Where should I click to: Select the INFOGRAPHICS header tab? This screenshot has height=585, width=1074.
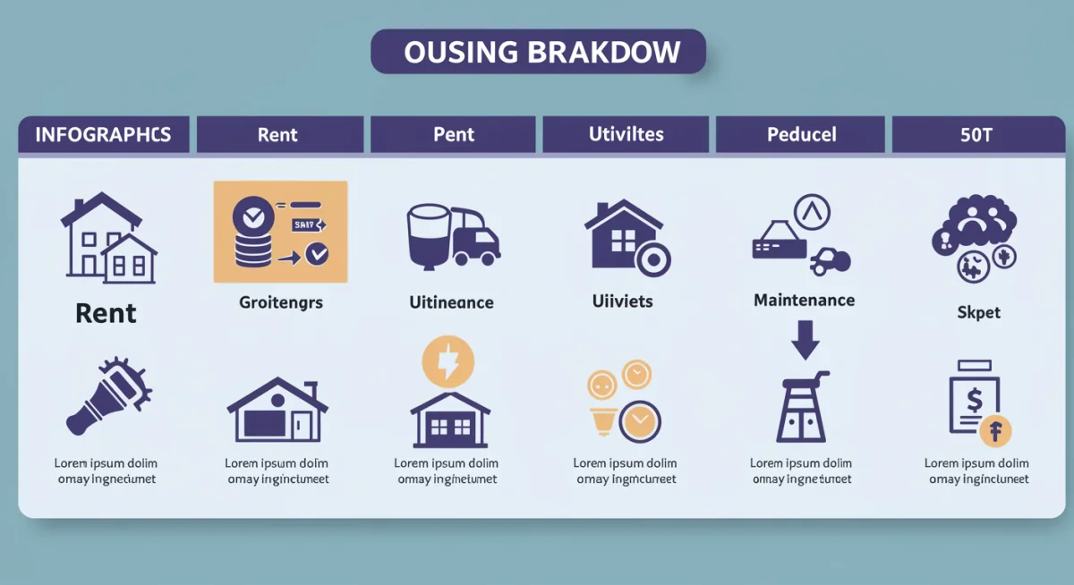(x=103, y=135)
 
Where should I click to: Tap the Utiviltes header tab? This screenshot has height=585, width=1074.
(x=626, y=135)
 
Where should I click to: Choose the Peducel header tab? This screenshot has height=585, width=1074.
(x=801, y=135)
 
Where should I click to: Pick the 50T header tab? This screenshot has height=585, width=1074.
(x=977, y=135)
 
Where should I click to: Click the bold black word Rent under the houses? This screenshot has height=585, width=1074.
(x=106, y=313)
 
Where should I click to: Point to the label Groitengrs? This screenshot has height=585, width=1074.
(x=280, y=302)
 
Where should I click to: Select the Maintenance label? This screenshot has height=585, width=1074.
(x=804, y=301)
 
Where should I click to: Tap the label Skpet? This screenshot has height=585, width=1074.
(x=978, y=313)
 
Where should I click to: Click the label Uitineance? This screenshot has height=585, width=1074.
(x=451, y=302)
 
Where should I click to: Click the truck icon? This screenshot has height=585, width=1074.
(x=474, y=240)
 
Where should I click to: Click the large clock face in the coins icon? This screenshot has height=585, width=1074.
(x=639, y=419)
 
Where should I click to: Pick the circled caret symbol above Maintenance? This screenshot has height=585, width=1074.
(x=812, y=213)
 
